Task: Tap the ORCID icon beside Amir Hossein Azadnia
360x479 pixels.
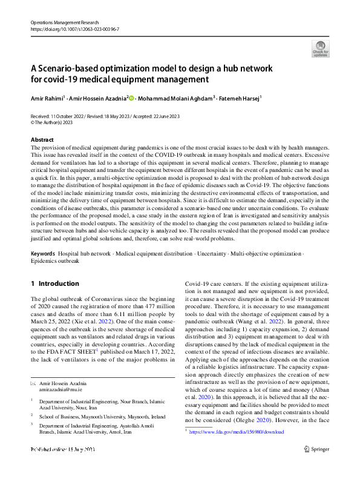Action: (132, 97)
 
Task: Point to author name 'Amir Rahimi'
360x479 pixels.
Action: (46, 97)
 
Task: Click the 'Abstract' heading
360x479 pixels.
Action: (42, 140)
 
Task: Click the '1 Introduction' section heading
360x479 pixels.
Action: (54, 283)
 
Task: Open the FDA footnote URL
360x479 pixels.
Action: (237, 432)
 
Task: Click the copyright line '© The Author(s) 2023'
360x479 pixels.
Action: (58, 122)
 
